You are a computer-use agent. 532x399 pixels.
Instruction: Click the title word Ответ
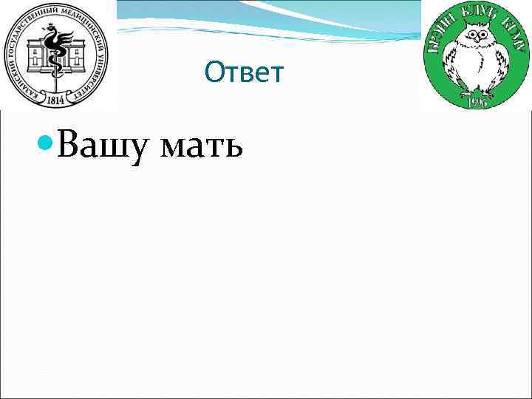(244, 72)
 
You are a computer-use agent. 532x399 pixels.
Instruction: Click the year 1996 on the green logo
(477, 101)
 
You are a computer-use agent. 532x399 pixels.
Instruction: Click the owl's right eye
(485, 36)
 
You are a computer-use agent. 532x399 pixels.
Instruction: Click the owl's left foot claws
(466, 89)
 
